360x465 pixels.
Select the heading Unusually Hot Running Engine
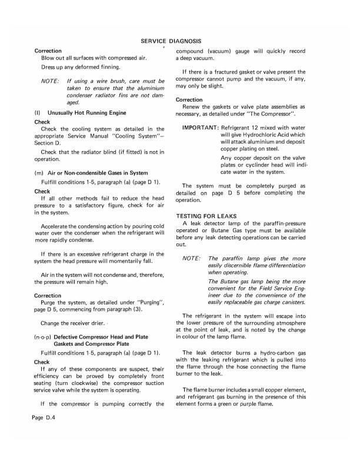(x=86, y=112)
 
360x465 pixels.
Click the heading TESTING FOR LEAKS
(x=205, y=216)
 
